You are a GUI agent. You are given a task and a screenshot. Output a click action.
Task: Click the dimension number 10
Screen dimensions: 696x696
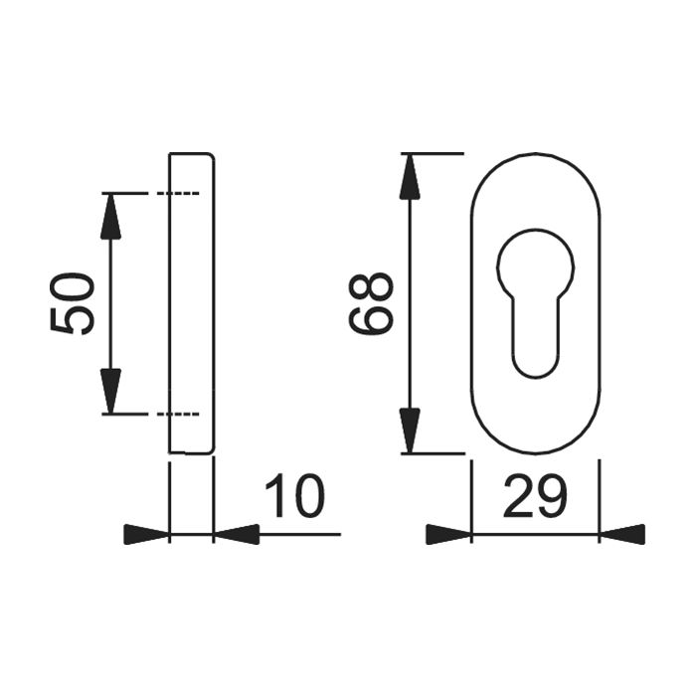tap(294, 496)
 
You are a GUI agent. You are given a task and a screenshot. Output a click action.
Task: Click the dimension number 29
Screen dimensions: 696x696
tap(535, 496)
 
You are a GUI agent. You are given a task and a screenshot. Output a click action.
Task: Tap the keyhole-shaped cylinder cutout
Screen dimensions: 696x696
tap(534, 298)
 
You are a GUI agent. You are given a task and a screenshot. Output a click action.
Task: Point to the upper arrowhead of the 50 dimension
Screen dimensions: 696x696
tap(110, 214)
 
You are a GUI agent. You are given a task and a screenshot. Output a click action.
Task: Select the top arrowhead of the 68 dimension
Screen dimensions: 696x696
tap(410, 177)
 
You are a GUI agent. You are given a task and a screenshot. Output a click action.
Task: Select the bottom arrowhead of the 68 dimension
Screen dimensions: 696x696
tap(410, 431)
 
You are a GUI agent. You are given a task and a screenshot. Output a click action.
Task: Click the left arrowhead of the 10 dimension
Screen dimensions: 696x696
tap(146, 535)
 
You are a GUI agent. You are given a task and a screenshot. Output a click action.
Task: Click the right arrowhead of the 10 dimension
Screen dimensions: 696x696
tap(237, 535)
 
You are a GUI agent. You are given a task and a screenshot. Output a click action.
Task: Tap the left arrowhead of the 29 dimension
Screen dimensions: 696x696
tap(447, 535)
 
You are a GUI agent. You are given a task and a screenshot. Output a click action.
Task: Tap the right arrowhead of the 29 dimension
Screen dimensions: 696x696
tap(622, 535)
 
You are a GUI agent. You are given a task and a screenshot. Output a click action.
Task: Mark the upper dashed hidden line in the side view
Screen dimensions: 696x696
tap(180, 192)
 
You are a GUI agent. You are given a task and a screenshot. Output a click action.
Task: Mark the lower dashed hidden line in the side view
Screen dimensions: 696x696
tap(180, 413)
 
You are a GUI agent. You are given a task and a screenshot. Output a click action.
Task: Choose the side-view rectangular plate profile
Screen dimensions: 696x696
tap(191, 303)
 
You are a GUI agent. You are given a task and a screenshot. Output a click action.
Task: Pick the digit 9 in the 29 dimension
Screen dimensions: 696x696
tap(552, 496)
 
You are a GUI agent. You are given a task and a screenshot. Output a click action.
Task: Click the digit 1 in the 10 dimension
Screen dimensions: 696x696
tap(275, 496)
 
